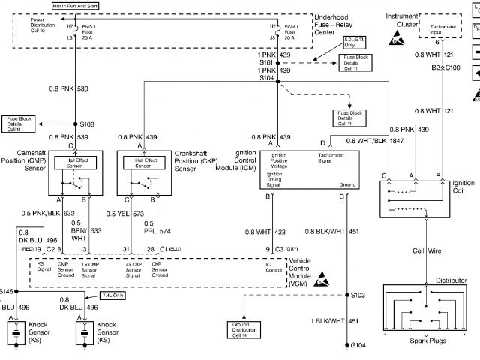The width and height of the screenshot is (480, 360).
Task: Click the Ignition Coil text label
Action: pyautogui.click(x=463, y=187)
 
